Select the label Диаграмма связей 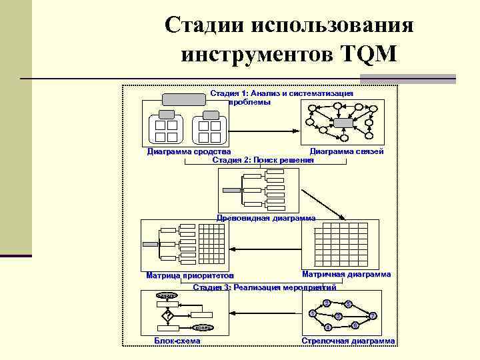(347, 152)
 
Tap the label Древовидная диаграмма (267, 218)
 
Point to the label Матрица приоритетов (189, 275)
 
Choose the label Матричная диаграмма (347, 274)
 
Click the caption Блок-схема (177, 341)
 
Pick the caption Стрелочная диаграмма (348, 341)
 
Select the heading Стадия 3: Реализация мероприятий (264, 287)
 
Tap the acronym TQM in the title (367, 53)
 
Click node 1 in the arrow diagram (313, 314)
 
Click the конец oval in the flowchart (203, 327)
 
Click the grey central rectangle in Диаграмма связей (343, 123)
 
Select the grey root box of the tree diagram (231, 190)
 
